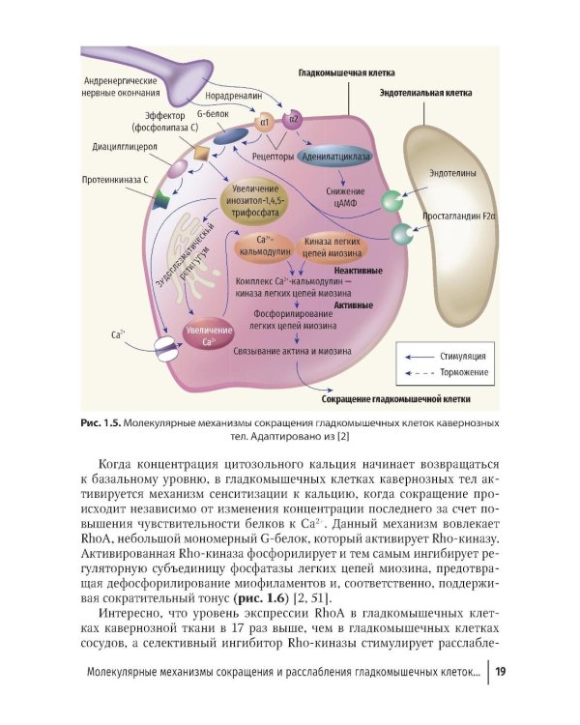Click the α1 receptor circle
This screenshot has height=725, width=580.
coord(264,123)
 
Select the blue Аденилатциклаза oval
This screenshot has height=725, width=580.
coord(335,157)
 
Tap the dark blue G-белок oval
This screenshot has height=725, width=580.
coord(230,137)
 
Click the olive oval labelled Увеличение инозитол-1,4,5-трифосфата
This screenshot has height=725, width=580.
coord(255,201)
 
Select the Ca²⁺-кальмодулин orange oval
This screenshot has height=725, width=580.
coord(265,246)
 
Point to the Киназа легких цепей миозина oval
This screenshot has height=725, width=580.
coord(333,247)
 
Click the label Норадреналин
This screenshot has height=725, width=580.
coord(234,96)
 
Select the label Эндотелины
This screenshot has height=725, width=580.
coord(452,173)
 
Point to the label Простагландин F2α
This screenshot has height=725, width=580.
coord(459,216)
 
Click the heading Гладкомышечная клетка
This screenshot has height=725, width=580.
coord(346,73)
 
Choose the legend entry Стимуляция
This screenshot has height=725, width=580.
coord(462,356)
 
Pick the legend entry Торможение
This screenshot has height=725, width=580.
coord(464,372)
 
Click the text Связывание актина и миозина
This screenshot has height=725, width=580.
coord(292,351)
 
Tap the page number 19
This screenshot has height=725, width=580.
coord(501,672)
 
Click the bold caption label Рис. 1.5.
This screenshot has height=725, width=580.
coord(101,423)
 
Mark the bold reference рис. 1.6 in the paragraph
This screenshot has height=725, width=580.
coord(262,597)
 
